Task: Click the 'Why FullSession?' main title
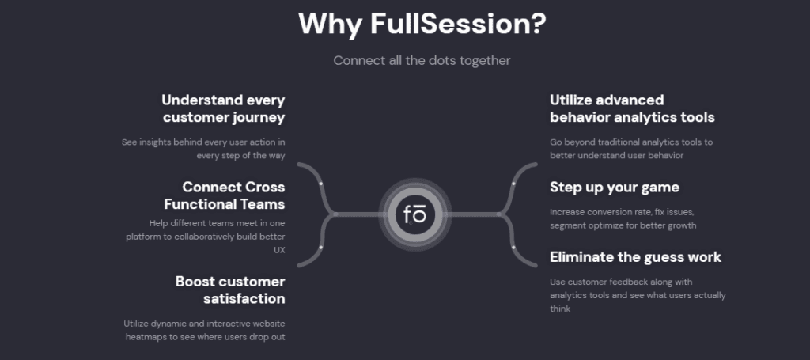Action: tap(422, 24)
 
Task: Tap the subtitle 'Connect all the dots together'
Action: tap(422, 60)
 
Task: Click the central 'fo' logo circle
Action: tap(415, 214)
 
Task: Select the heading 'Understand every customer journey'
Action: tap(223, 108)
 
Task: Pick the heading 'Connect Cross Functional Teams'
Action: tap(233, 195)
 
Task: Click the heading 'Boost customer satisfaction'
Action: tap(230, 290)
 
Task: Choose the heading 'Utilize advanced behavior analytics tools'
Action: tap(632, 108)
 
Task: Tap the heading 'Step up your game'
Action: tap(615, 188)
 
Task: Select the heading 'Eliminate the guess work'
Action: tap(635, 257)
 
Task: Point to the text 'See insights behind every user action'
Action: tap(203, 142)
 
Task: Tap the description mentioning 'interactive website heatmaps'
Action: tap(204, 330)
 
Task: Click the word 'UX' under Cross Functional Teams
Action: tap(278, 250)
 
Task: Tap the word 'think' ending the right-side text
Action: tap(560, 309)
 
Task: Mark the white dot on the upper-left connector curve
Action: tap(320, 184)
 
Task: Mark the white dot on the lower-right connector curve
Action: tap(513, 248)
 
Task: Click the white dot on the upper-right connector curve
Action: tap(513, 184)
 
